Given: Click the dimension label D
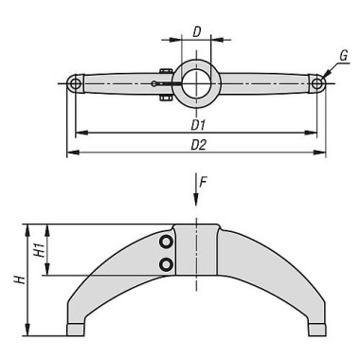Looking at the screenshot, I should point(196,31).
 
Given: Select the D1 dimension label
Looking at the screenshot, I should point(197,125).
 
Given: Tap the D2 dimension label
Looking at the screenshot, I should point(197,145).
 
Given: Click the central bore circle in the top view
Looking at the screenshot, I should point(196,82).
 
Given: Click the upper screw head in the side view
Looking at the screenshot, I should point(167,243).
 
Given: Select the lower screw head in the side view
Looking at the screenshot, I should point(167,264).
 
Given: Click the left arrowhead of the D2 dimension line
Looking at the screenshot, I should point(69,153).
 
